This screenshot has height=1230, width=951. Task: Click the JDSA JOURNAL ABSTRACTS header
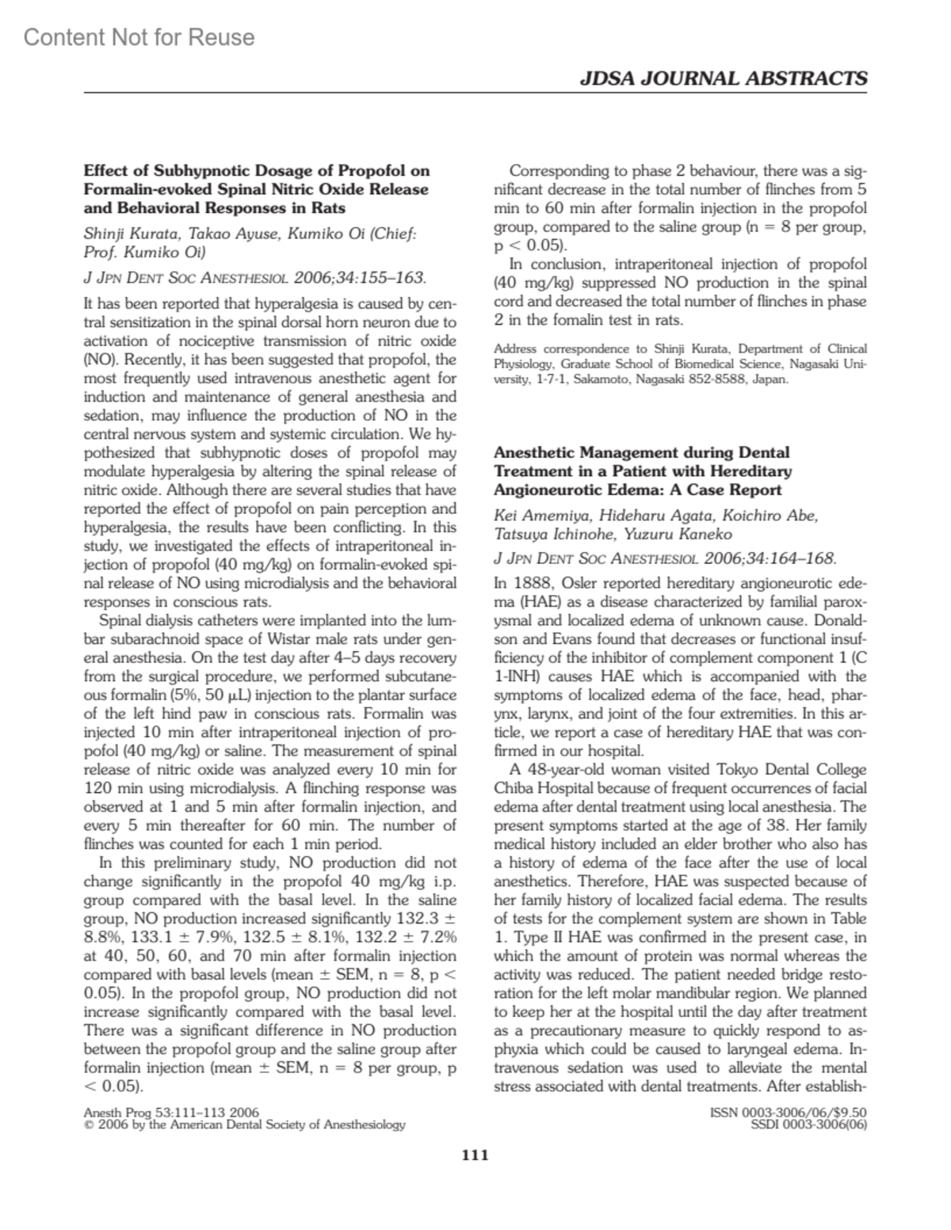tap(724, 78)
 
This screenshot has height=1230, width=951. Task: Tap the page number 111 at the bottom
tap(475, 1155)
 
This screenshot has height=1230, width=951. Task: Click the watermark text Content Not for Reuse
tap(139, 37)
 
